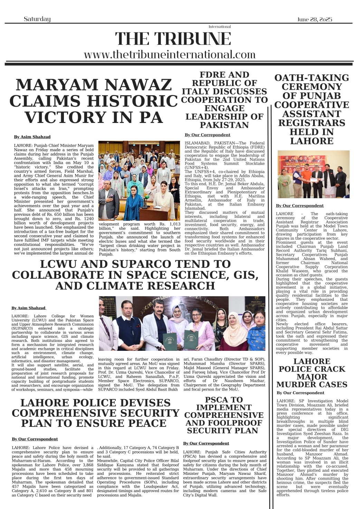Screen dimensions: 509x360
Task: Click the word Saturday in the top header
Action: click(x=37, y=19)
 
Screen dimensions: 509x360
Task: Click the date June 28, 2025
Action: click(x=314, y=19)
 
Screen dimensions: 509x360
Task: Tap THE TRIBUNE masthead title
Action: click(x=173, y=39)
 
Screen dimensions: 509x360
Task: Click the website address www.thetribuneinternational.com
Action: click(x=170, y=55)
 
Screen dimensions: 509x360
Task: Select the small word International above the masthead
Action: click(x=219, y=27)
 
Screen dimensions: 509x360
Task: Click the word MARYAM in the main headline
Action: click(x=57, y=85)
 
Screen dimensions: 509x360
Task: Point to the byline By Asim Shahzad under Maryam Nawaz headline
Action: click(x=32, y=137)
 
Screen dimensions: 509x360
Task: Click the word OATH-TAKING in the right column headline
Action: click(x=312, y=78)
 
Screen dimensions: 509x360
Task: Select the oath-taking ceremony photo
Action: click(x=313, y=174)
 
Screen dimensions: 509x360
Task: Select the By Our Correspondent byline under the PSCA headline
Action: click(x=206, y=443)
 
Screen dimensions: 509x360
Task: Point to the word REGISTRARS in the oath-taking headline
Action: click(x=312, y=123)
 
